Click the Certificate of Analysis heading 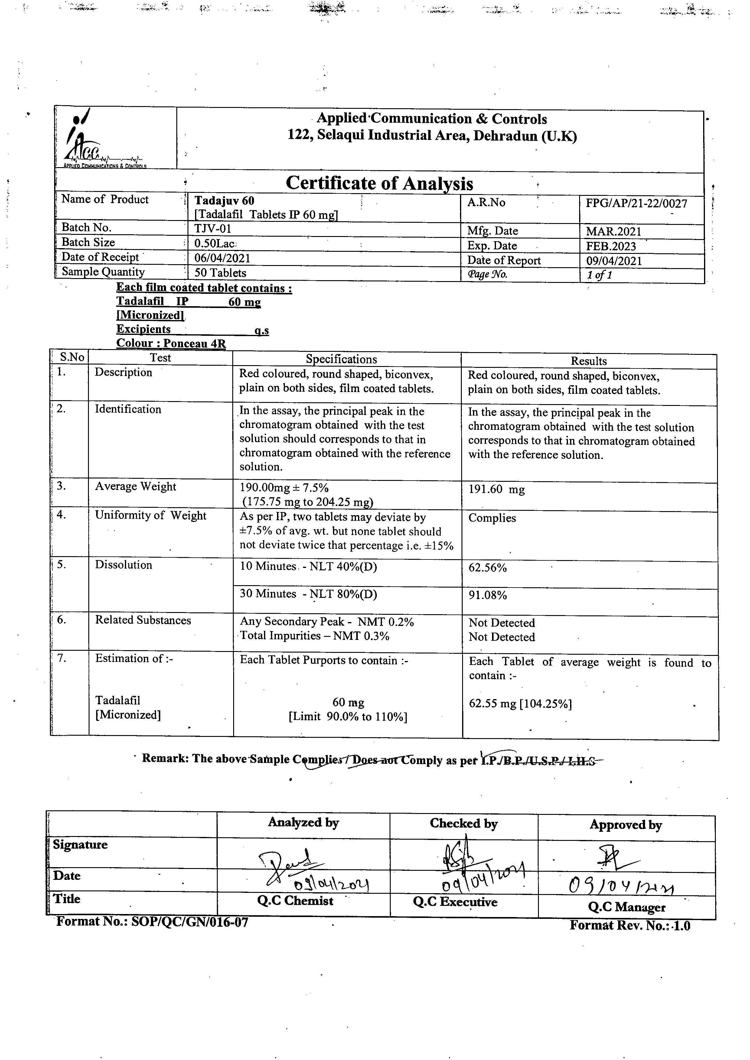point(379,183)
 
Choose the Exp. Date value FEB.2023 point(611,246)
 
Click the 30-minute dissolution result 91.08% point(488,595)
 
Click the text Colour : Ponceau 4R point(171,343)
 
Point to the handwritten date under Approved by point(621,886)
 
